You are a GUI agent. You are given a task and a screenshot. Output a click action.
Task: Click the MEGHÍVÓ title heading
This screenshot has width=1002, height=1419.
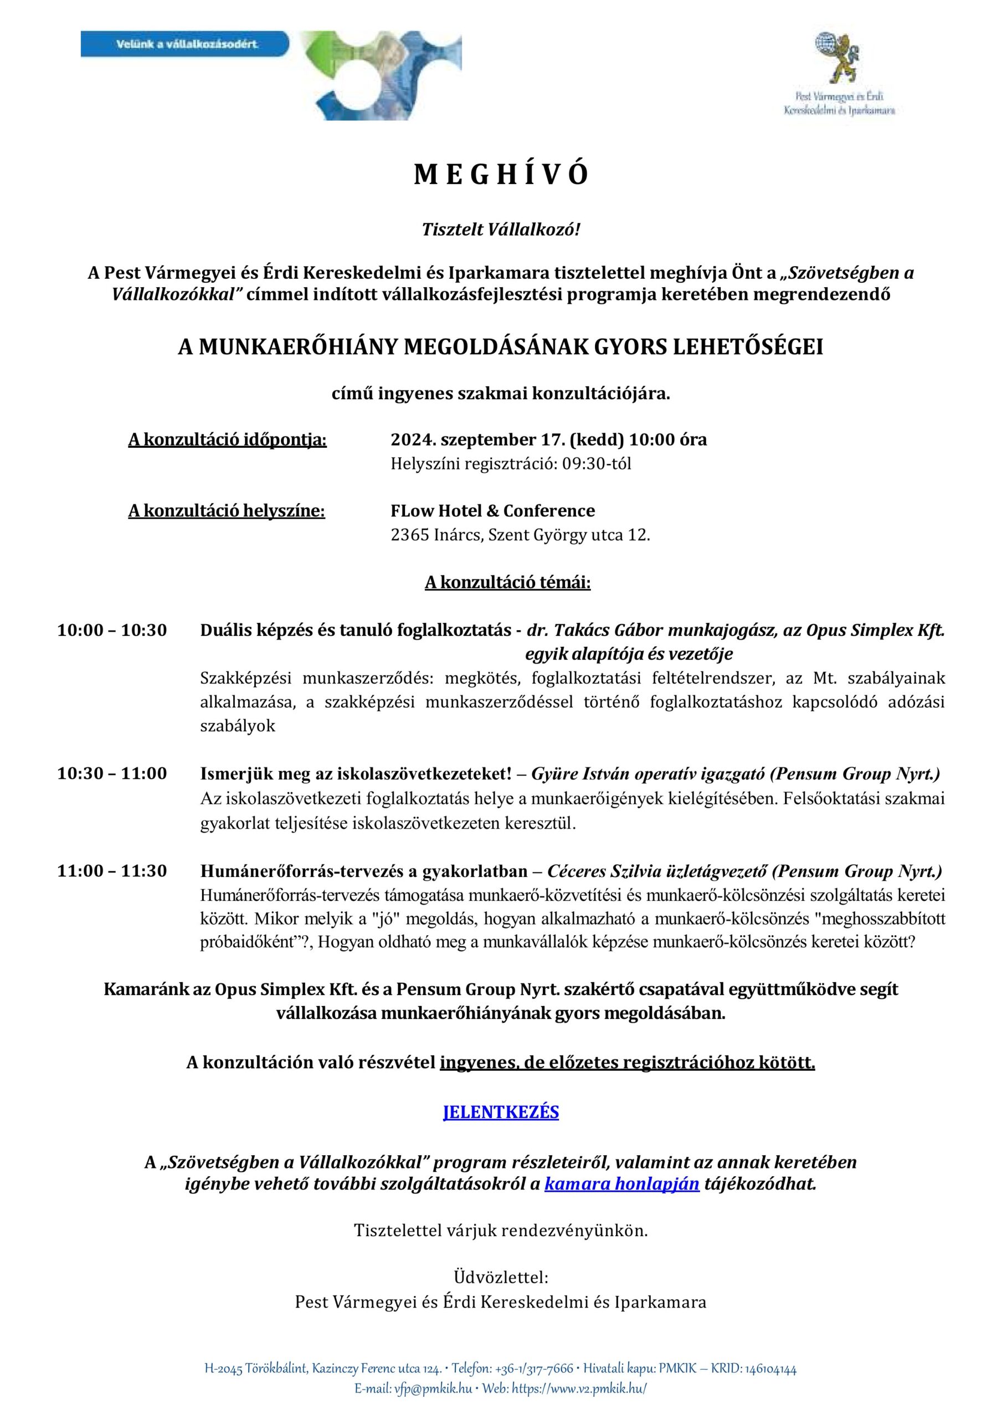(500, 176)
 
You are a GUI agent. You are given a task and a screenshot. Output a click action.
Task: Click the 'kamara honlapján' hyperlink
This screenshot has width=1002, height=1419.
(621, 1184)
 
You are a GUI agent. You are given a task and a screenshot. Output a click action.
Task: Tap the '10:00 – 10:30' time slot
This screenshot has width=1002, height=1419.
(112, 630)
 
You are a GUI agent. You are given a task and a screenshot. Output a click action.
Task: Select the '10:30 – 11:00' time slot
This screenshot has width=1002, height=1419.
(112, 774)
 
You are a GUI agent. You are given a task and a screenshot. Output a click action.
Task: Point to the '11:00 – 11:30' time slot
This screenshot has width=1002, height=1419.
(112, 871)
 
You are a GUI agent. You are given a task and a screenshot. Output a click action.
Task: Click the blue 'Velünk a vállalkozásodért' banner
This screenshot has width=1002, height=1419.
(186, 45)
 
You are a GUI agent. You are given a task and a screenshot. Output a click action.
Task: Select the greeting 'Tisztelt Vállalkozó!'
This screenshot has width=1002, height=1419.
(500, 230)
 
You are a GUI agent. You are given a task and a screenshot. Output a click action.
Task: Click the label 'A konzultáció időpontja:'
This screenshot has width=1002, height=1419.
(227, 440)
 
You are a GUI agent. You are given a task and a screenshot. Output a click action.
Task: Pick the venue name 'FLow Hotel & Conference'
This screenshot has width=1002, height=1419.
(492, 511)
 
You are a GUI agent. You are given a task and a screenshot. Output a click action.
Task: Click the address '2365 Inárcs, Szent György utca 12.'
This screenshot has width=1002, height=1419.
(520, 535)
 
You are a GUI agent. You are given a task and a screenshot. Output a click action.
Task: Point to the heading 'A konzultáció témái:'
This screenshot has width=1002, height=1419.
(507, 583)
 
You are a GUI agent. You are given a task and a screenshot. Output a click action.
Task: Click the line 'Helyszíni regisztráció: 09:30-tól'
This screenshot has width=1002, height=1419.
(511, 464)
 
